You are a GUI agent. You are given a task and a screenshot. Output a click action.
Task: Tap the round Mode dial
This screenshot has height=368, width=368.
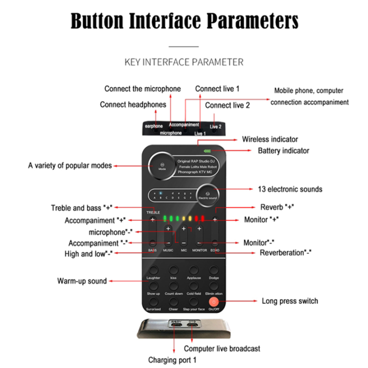pos(162,165)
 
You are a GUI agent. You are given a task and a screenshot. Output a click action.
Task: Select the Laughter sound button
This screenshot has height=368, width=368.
pos(153,271)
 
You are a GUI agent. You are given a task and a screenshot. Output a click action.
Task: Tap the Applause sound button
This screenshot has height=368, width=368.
pos(194,271)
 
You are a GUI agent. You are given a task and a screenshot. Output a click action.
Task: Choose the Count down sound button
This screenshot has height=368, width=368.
pos(174,286)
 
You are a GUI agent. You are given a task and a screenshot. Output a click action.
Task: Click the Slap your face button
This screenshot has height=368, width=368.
pos(194,302)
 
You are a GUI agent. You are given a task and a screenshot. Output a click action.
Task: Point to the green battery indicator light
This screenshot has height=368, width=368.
pos(208,151)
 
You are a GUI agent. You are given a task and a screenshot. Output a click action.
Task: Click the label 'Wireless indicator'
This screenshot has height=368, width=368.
pos(270,139)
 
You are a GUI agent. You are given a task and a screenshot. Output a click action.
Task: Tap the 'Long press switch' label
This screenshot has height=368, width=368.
pos(290,301)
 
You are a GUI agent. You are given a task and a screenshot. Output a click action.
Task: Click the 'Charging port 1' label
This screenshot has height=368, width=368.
pos(172,359)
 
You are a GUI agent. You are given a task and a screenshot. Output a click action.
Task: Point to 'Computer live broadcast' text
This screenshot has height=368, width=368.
pos(222,349)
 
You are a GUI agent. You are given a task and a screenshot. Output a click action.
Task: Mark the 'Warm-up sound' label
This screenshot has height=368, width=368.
pos(82,281)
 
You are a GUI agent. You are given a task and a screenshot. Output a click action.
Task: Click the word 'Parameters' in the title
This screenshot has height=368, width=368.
pos(252,21)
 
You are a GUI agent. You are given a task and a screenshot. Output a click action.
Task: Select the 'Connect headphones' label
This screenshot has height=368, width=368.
pos(133,105)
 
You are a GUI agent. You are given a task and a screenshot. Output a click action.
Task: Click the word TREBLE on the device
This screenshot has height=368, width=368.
pos(153,212)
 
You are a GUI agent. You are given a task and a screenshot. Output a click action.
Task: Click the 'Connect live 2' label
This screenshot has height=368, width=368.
pos(227,105)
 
